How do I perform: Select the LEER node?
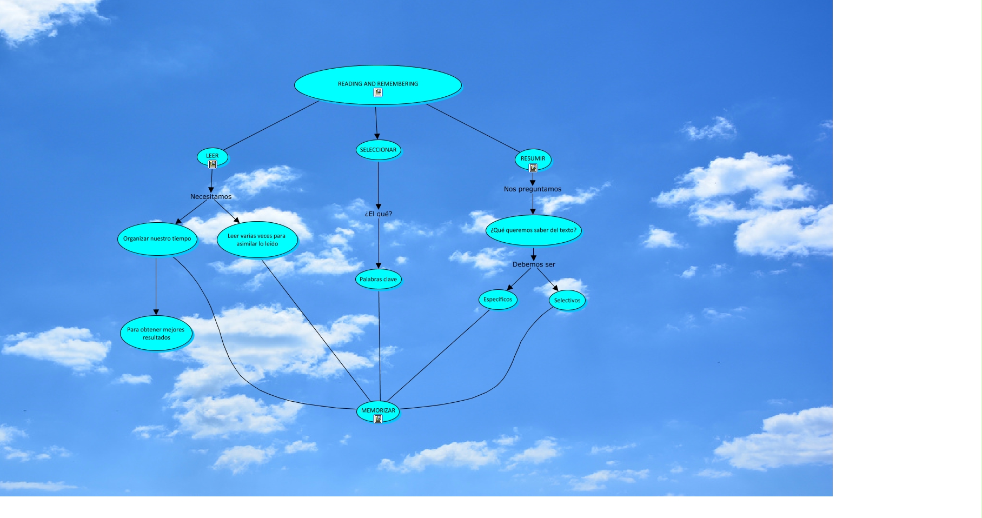click(x=212, y=155)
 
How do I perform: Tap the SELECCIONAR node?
click(x=378, y=150)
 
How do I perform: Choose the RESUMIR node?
click(x=533, y=158)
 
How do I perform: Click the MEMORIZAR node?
click(x=378, y=410)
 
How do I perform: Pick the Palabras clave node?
click(x=378, y=280)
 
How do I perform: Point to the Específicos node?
click(x=497, y=300)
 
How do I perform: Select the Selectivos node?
click(x=567, y=301)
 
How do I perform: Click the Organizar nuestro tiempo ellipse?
click(x=157, y=238)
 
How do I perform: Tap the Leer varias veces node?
click(x=257, y=240)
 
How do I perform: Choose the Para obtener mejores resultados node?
click(x=156, y=333)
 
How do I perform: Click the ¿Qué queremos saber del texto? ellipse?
click(x=533, y=230)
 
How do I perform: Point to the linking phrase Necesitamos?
click(x=211, y=197)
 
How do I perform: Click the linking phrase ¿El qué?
click(x=379, y=214)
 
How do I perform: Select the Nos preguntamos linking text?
click(x=533, y=189)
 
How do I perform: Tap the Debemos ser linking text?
click(x=534, y=264)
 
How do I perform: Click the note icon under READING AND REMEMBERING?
click(x=378, y=92)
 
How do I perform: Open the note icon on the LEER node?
click(x=213, y=164)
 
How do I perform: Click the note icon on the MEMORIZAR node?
click(x=378, y=419)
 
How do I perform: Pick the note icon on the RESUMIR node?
click(x=533, y=168)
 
